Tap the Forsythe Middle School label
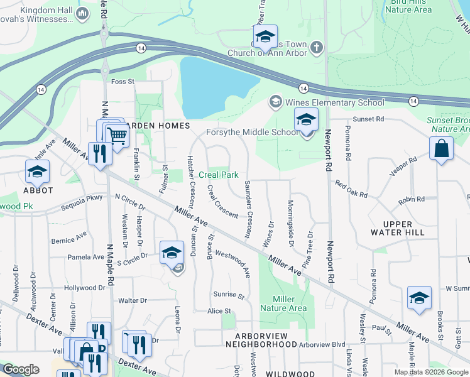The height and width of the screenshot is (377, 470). pyautogui.click(x=253, y=132)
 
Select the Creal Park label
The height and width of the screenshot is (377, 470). pyautogui.click(x=218, y=175)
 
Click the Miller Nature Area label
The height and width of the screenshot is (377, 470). pyautogui.click(x=290, y=303)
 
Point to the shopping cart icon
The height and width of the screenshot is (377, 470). pyautogui.click(x=116, y=134)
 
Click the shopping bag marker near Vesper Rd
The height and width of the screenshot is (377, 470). pyautogui.click(x=442, y=150)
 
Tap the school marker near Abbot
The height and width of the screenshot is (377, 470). pyautogui.click(x=38, y=172)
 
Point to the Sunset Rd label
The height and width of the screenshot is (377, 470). pyautogui.click(x=368, y=119)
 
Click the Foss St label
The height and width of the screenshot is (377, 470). pyautogui.click(x=123, y=82)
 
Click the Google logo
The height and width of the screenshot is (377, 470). pyautogui.click(x=21, y=369)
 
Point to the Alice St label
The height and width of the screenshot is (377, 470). pyautogui.click(x=219, y=311)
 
